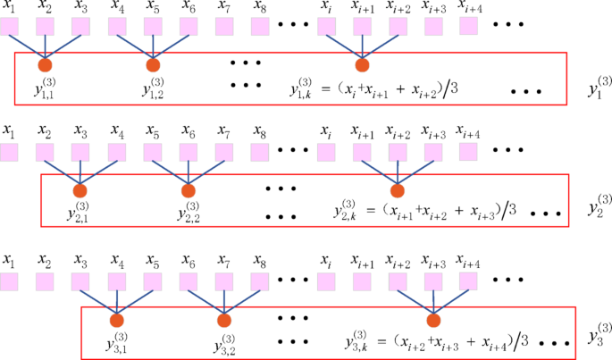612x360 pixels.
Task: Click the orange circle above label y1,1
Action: point(46,64)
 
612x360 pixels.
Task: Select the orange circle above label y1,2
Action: point(153,64)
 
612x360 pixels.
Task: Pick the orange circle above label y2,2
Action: point(188,190)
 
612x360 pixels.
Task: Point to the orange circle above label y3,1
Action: point(117,320)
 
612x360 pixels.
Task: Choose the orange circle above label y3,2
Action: point(224,320)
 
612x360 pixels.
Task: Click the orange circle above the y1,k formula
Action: point(362,64)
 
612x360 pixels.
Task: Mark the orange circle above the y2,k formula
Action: point(398,190)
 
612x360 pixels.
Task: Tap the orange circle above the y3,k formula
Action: point(434,320)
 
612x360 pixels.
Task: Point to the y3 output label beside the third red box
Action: point(599,337)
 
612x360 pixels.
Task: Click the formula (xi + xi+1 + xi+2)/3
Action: point(393,88)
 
